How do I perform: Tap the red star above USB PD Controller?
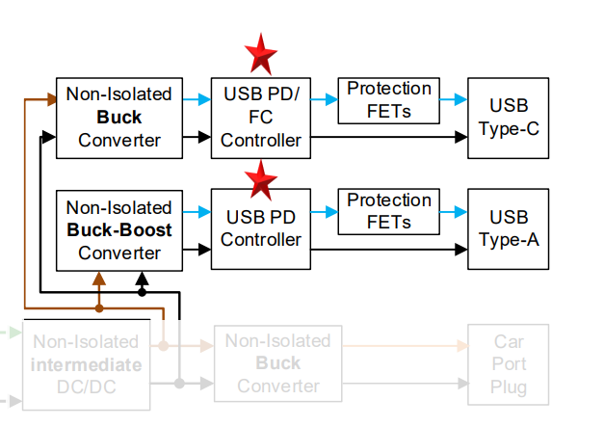260,179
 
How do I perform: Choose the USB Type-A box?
508,228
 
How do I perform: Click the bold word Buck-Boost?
119,230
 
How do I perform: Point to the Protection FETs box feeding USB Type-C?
389,99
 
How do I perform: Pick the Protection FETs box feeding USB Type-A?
389,212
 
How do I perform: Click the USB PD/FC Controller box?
260,118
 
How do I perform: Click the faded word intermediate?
86,364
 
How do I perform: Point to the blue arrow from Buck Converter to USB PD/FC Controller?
197,99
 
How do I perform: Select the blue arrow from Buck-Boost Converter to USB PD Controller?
197,211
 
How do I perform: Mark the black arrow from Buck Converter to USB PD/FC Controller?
197,137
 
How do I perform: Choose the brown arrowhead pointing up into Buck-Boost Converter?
98,278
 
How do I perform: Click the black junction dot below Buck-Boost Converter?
142,290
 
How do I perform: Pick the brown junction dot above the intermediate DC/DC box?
98,308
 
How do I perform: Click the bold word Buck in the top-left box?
119,118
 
